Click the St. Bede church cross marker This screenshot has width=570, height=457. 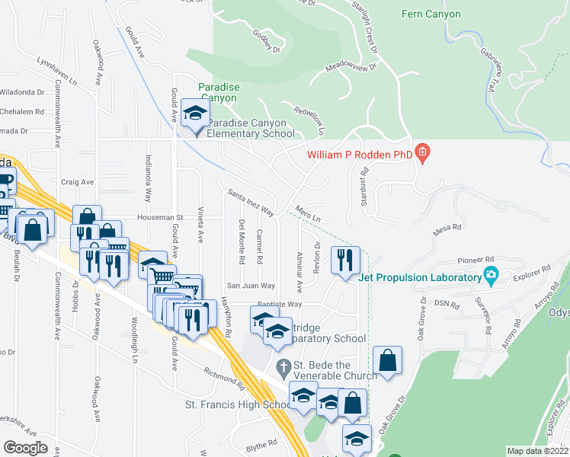(x=283, y=367)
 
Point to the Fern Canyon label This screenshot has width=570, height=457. (x=431, y=14)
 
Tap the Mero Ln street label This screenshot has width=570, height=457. (x=306, y=214)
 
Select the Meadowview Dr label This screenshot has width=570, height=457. (x=351, y=67)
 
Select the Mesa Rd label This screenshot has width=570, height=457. (x=447, y=227)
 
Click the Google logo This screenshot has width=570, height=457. (x=26, y=447)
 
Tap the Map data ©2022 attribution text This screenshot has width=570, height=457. (x=538, y=451)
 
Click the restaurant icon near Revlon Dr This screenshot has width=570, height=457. (x=344, y=260)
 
